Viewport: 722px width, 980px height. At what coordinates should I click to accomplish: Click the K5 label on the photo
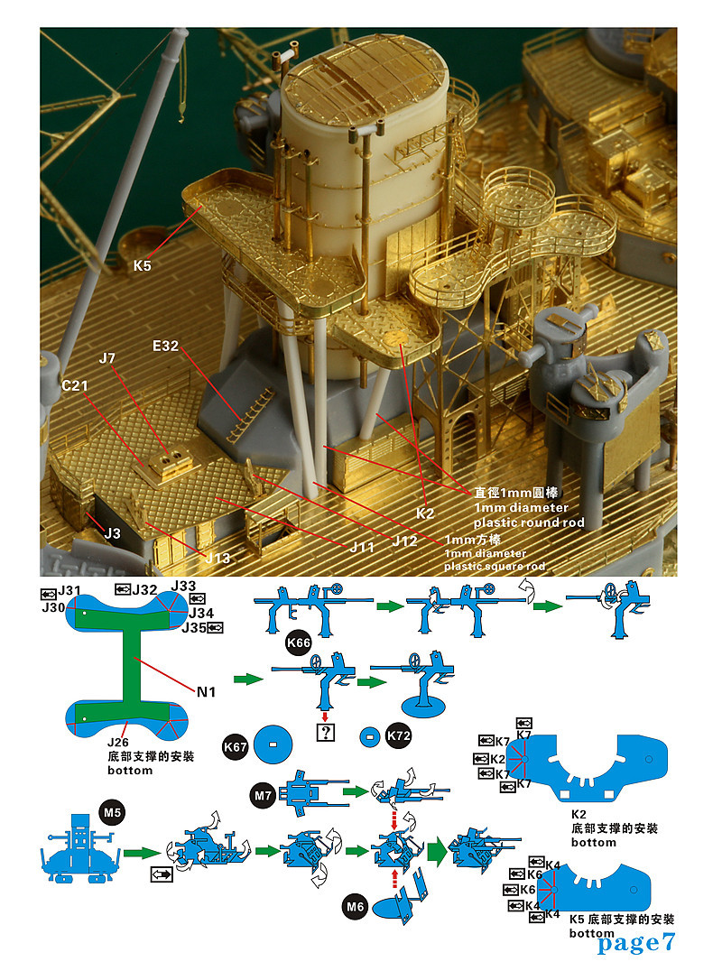(x=142, y=266)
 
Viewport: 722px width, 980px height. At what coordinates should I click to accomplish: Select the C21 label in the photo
(x=78, y=385)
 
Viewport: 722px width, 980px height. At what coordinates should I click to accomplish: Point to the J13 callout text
(x=217, y=558)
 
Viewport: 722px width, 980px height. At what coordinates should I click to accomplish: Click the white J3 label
(x=112, y=533)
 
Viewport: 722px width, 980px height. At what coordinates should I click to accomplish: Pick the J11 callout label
(x=362, y=547)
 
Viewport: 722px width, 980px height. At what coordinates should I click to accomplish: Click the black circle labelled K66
(x=299, y=643)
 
